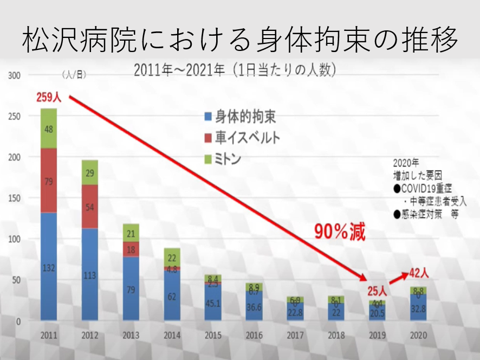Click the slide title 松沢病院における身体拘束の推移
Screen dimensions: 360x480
(240, 38)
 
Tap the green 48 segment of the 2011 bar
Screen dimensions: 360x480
(49, 128)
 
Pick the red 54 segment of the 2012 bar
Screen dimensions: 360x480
(89, 207)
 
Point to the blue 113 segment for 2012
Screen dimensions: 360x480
(89, 274)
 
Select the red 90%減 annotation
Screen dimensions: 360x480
(340, 232)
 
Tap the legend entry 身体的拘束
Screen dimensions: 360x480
(242, 116)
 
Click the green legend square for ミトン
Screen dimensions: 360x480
(207, 159)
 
